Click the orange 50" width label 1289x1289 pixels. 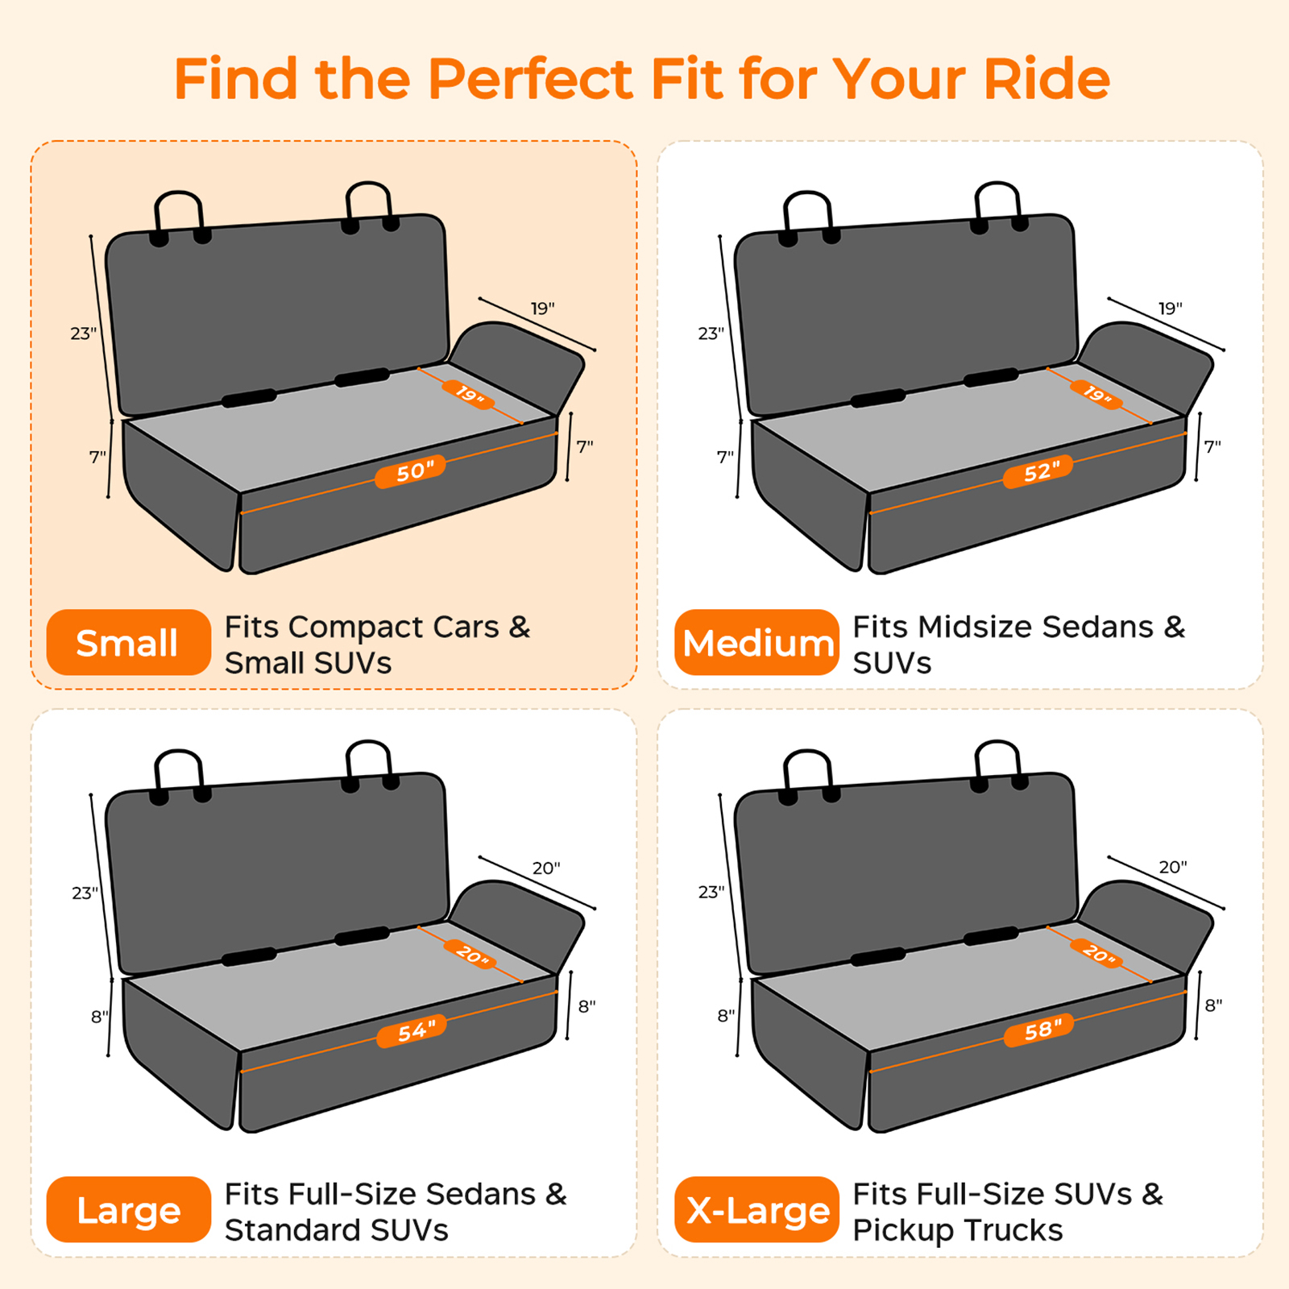point(410,471)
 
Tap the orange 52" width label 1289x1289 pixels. point(1038,471)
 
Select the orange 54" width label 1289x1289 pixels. point(411,1030)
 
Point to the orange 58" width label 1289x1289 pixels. point(1038,1030)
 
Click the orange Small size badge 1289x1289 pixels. point(128,643)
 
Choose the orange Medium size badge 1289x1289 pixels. point(756,643)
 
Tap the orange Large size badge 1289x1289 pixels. point(128,1210)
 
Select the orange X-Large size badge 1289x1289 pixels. point(756,1210)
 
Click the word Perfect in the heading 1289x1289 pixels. point(530,79)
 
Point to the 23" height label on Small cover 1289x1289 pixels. point(82,333)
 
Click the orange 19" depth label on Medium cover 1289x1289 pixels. point(1096,394)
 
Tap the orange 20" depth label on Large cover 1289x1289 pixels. point(471,955)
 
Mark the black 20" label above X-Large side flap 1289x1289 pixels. point(1172,867)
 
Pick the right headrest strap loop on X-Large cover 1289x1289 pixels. point(997,761)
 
